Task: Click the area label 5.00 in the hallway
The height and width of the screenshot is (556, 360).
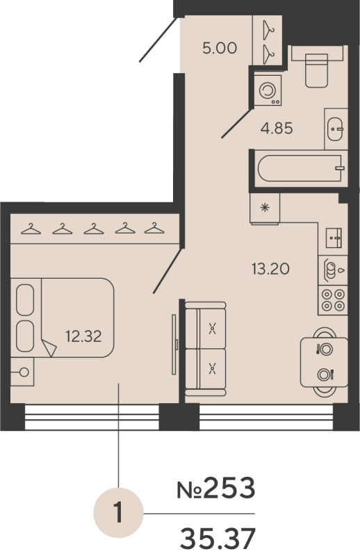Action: [x=220, y=49]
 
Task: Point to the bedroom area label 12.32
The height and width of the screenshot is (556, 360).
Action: [x=83, y=337]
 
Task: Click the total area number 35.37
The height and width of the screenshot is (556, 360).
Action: [x=218, y=537]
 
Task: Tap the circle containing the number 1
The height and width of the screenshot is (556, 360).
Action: [x=118, y=514]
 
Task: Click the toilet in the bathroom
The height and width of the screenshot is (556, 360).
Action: [x=318, y=68]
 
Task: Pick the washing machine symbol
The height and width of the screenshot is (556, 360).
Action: [x=268, y=91]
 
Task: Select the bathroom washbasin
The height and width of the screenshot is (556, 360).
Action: [x=336, y=129]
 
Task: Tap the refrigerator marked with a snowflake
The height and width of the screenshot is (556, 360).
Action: [x=264, y=207]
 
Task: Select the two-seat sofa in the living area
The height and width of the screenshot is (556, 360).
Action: [x=206, y=347]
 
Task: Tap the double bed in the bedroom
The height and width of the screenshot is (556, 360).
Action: [x=64, y=318]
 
